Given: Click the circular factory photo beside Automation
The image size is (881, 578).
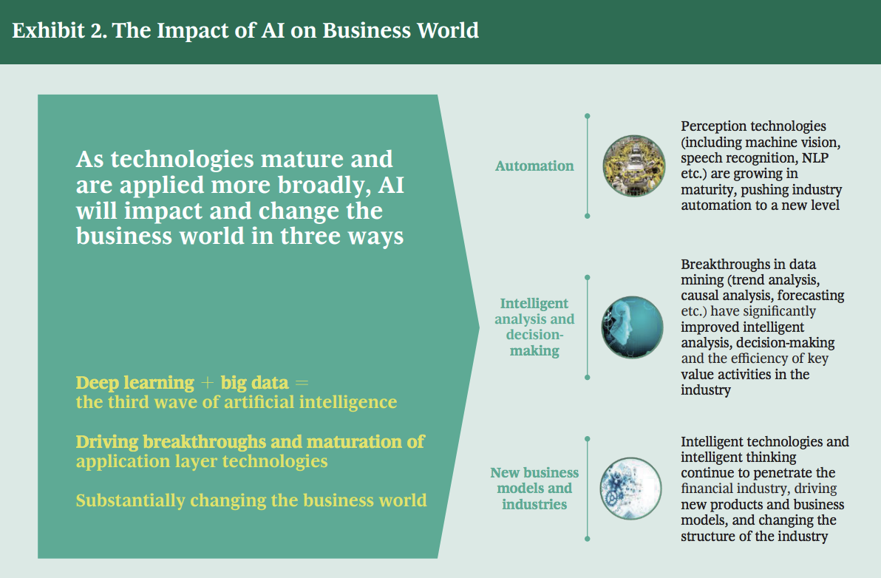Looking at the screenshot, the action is point(634,166).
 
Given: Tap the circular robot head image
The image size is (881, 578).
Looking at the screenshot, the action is point(632,327).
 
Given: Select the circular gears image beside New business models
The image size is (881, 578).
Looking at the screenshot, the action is point(630,488).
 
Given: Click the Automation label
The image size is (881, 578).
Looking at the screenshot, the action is point(534,166).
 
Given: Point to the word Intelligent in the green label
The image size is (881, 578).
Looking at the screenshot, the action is point(534,303).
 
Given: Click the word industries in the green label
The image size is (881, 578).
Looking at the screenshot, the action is point(534,504).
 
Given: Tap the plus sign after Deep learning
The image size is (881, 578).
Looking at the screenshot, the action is point(208,383).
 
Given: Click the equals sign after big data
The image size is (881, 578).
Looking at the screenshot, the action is point(302,383).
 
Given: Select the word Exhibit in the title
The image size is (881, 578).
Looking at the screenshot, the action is point(48,30).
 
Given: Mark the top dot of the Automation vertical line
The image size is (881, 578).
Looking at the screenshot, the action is point(587,116).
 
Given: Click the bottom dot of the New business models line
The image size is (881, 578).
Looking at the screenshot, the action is point(587,539).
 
